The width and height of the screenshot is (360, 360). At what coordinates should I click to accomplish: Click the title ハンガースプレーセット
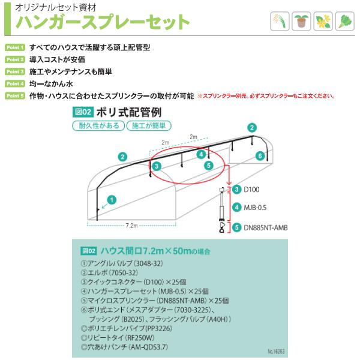tap(102, 23)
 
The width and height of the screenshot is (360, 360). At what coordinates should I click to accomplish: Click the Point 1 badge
tap(14, 47)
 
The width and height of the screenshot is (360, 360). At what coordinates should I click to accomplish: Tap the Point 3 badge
tap(14, 71)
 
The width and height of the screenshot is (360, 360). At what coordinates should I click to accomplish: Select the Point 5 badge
tap(14, 95)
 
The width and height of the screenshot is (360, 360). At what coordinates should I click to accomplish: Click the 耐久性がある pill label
tap(98, 126)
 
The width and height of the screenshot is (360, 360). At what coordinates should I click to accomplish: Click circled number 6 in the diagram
tap(260, 155)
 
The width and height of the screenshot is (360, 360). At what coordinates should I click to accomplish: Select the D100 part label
tap(251, 189)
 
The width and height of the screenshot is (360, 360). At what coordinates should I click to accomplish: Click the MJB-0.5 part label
tap(254, 207)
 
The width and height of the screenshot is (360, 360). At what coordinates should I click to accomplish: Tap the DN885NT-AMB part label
tap(265, 227)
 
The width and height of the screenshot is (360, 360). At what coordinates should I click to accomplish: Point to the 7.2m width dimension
tap(133, 226)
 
